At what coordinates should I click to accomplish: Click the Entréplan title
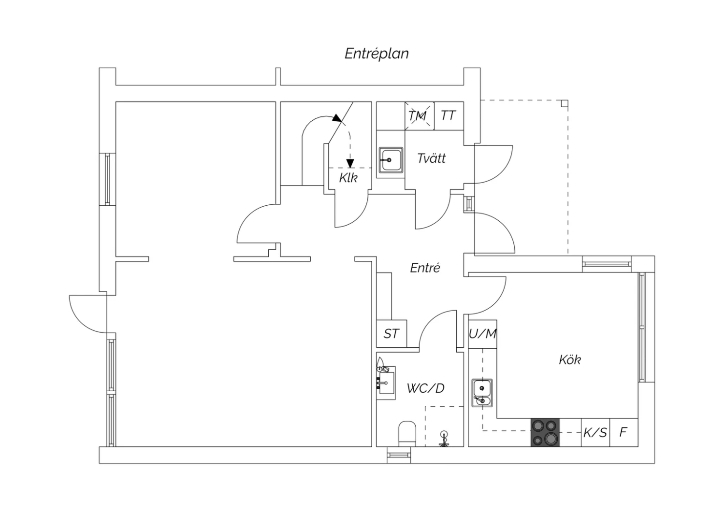pyautogui.click(x=377, y=54)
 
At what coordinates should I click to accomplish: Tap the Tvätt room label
pyautogui.click(x=431, y=158)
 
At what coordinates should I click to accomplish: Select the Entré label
pyautogui.click(x=425, y=268)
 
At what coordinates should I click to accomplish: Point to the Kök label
pyautogui.click(x=570, y=360)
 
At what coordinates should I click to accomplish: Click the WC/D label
pyautogui.click(x=425, y=388)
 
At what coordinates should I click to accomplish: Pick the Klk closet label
pyautogui.click(x=348, y=178)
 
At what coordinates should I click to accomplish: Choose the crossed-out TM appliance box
pyautogui.click(x=420, y=116)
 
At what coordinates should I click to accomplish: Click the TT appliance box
pyautogui.click(x=449, y=116)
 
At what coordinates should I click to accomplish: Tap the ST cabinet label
pyautogui.click(x=391, y=333)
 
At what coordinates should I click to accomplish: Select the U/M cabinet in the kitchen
pyautogui.click(x=482, y=334)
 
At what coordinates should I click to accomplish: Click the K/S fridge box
pyautogui.click(x=595, y=432)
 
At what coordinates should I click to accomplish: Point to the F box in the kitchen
pyautogui.click(x=623, y=432)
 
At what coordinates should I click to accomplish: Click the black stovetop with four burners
pyautogui.click(x=545, y=432)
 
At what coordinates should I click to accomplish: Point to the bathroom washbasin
pyautogui.click(x=386, y=383)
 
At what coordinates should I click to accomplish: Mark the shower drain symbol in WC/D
pyautogui.click(x=444, y=439)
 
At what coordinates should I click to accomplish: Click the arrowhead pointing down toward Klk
pyautogui.click(x=350, y=163)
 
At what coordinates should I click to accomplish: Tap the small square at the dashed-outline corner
pyautogui.click(x=565, y=103)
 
